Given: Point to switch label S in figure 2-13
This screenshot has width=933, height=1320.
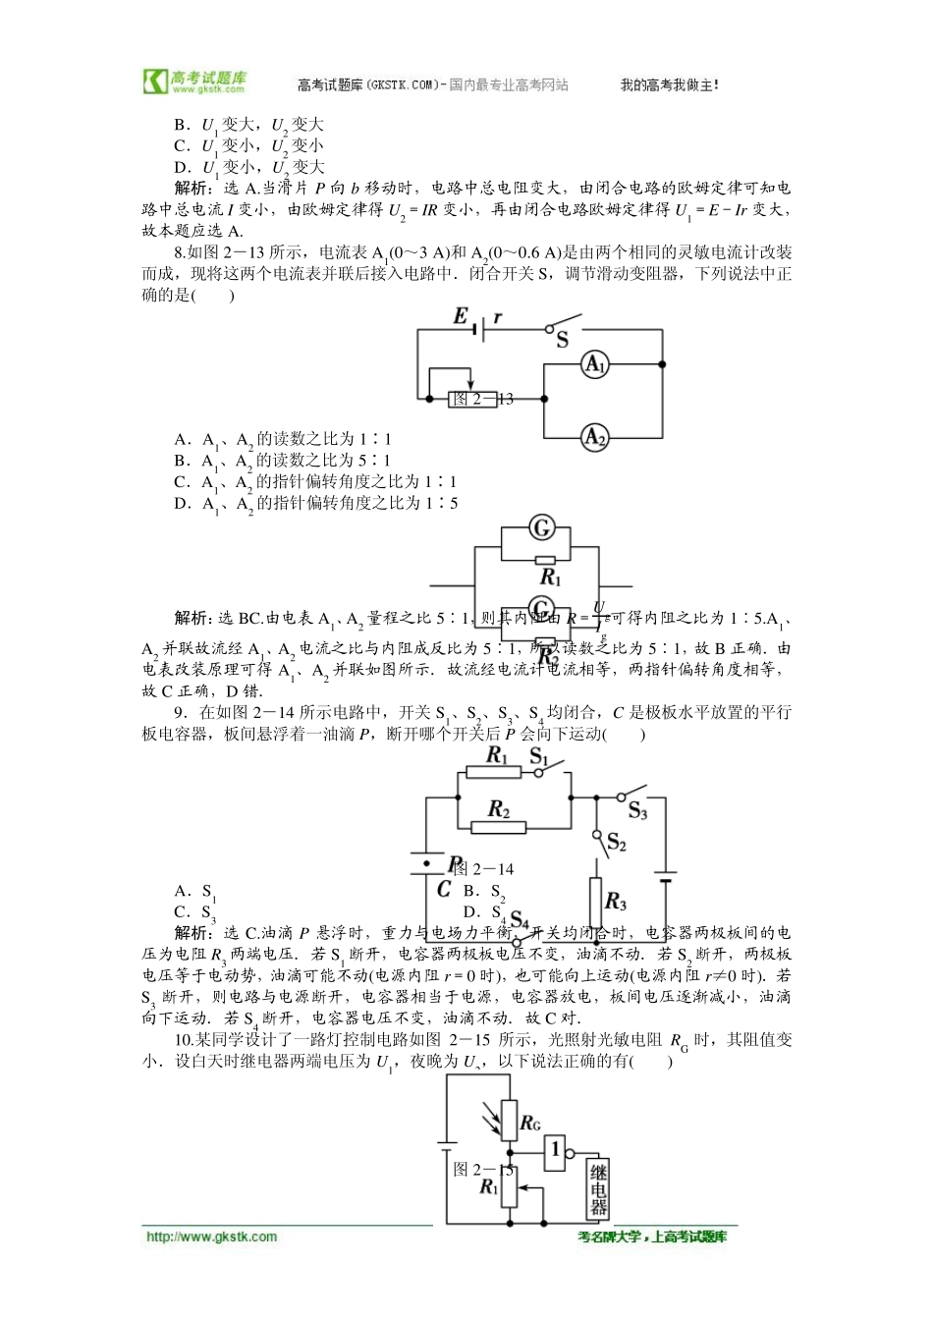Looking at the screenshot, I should click(x=563, y=341).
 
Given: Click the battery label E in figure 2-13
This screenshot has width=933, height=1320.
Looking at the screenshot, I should click(x=461, y=315).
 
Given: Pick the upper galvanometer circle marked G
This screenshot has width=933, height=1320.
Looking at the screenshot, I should click(x=541, y=528).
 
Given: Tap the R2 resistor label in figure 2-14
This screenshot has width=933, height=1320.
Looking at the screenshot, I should click(x=499, y=809).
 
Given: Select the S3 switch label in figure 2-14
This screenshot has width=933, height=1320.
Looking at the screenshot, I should click(x=638, y=811).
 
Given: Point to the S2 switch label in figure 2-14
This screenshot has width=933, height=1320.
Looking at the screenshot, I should click(x=617, y=842).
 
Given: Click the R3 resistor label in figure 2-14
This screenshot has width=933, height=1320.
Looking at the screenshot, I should click(x=616, y=901).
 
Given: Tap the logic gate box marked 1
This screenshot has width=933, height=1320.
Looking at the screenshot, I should click(x=556, y=1148).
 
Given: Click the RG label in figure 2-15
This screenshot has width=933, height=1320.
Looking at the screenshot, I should click(x=530, y=1123).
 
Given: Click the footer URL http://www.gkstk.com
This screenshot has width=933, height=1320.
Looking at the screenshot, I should click(x=211, y=1237).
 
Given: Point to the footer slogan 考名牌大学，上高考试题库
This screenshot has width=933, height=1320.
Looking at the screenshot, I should click(x=652, y=1237).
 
